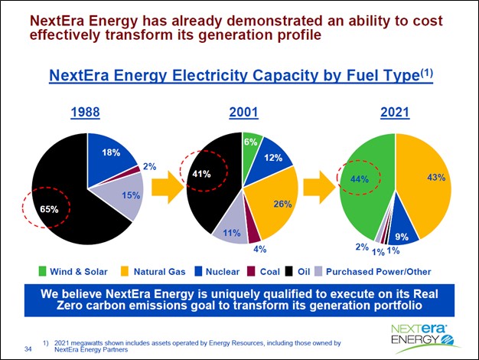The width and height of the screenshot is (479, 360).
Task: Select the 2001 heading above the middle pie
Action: (x=243, y=113)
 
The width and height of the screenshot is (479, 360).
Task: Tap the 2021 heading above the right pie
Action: (x=395, y=113)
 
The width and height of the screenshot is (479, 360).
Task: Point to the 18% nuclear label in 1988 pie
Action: (x=110, y=153)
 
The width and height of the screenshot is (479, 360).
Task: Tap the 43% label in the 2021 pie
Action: (x=436, y=178)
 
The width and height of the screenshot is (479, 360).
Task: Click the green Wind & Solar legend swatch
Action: (x=44, y=270)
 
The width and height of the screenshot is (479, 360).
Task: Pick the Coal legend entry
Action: (x=262, y=270)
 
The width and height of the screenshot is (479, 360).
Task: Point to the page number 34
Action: (x=28, y=349)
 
